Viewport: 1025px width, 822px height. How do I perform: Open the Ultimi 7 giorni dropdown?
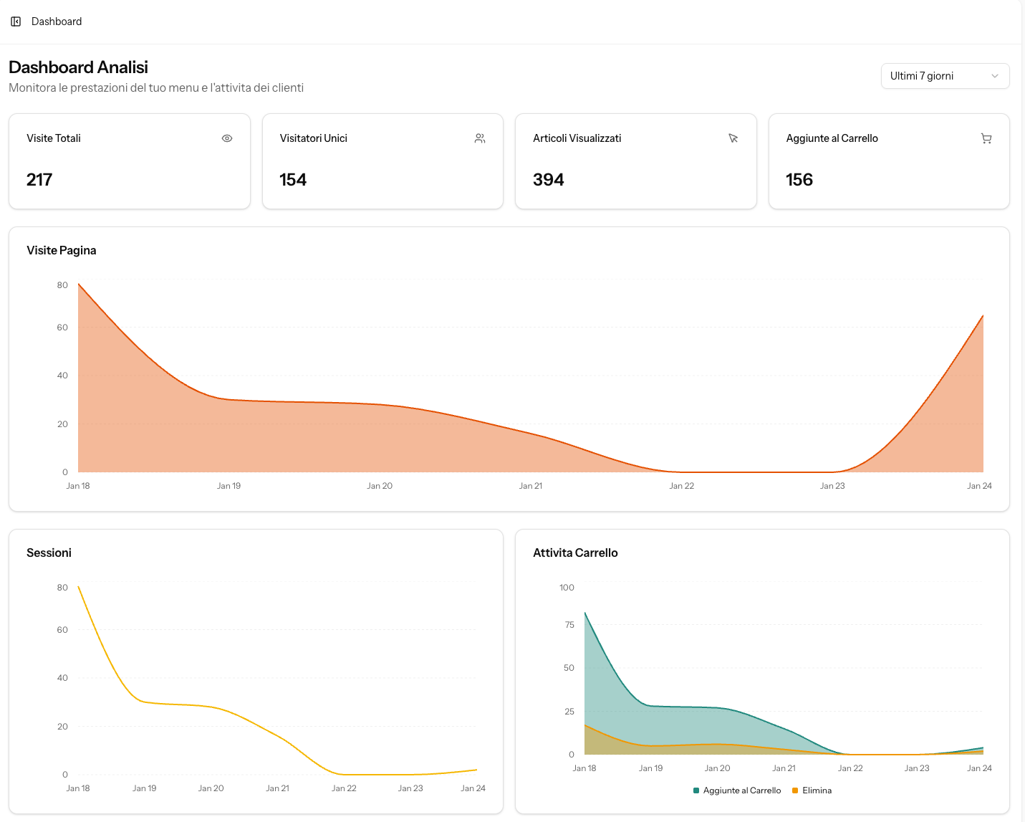(944, 76)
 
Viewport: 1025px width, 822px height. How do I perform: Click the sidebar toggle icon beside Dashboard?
(16, 21)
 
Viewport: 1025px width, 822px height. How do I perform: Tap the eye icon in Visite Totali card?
(227, 138)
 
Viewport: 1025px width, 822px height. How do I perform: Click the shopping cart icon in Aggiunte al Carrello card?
(986, 138)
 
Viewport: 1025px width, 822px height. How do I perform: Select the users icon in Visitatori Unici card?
(480, 138)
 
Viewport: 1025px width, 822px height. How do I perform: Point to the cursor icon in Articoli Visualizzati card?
(733, 138)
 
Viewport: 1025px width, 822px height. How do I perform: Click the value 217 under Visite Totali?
(39, 180)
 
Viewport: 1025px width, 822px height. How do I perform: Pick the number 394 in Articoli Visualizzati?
(548, 180)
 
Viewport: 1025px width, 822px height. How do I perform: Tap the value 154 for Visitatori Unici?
(293, 180)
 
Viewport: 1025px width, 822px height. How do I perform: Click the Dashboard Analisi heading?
(78, 67)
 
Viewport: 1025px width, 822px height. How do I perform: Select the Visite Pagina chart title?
(62, 250)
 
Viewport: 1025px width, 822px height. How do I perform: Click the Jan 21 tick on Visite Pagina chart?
(531, 486)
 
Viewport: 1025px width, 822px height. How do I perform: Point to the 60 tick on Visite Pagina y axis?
(62, 328)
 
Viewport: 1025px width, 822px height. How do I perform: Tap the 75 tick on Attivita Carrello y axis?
(569, 625)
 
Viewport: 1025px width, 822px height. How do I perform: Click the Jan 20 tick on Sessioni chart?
(211, 788)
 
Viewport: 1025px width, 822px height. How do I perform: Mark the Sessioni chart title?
(49, 553)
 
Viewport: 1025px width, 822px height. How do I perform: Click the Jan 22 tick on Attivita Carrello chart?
(850, 768)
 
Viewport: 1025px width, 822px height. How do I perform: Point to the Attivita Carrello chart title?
(575, 553)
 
